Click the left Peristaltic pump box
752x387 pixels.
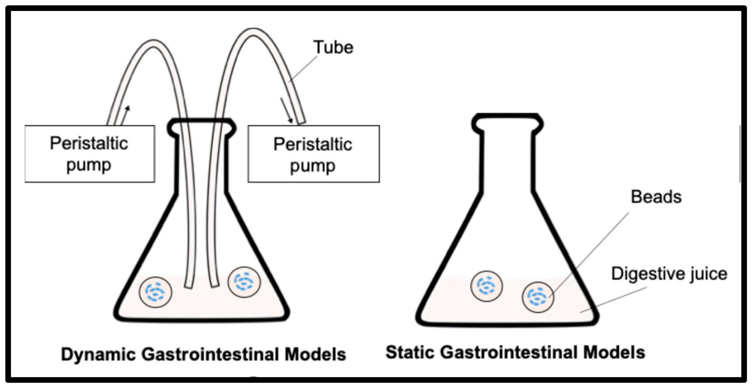90,154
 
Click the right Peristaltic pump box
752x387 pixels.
313,154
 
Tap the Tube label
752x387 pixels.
333,47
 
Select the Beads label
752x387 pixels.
656,197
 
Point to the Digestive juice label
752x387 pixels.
669,274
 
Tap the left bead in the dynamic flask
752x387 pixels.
155,292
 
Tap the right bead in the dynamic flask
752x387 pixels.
244,282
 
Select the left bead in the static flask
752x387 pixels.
486,286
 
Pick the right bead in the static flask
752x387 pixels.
538,297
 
